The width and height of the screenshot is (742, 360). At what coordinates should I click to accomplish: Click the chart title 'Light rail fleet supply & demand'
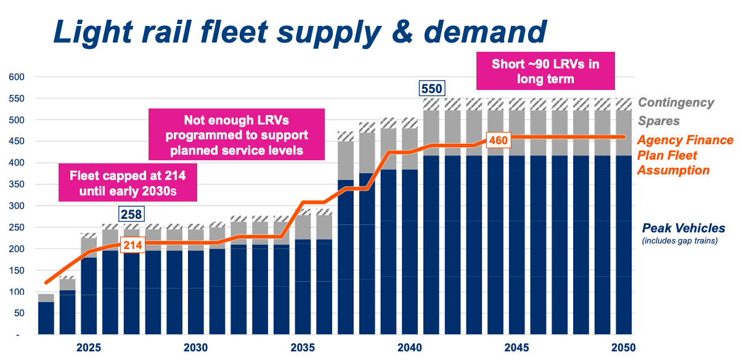pyautogui.click(x=300, y=31)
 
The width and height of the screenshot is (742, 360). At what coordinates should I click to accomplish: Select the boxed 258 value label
pyautogui.click(x=131, y=215)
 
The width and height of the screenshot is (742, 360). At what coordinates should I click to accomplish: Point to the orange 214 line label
pyautogui.click(x=131, y=245)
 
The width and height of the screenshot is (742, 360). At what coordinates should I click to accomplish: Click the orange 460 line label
pyautogui.click(x=498, y=140)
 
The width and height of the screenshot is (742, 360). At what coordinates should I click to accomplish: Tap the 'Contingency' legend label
pyautogui.click(x=675, y=103)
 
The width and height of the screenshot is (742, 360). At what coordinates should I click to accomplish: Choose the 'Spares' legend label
pyautogui.click(x=659, y=121)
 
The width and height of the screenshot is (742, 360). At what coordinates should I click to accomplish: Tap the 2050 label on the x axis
pyautogui.click(x=624, y=347)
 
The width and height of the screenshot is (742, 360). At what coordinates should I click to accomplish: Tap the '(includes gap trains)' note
pyautogui.click(x=679, y=241)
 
